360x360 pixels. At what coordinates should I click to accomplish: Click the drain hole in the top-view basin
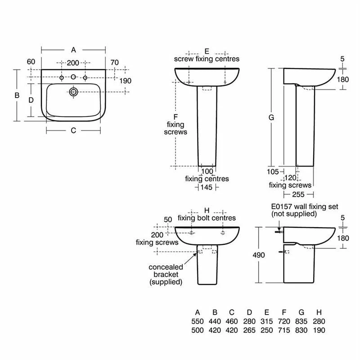(73, 92)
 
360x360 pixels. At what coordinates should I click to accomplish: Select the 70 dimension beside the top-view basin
(114, 62)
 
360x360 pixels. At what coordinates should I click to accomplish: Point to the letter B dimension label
(17, 95)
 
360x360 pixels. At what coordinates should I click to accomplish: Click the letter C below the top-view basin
(73, 130)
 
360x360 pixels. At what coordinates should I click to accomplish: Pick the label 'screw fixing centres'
(207, 59)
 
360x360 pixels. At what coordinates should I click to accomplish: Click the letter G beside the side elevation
(271, 117)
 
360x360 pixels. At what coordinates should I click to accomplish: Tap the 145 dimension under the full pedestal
(207, 187)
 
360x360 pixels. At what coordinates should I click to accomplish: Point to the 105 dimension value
(273, 171)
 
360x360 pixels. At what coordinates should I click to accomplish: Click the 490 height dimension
(259, 255)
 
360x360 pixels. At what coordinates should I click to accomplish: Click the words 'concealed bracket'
(166, 270)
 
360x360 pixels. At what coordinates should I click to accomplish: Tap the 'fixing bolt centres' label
(207, 218)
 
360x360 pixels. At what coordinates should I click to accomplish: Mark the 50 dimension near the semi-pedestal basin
(168, 219)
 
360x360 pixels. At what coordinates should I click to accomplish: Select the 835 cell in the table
(301, 321)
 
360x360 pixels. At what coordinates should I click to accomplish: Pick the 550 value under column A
(198, 321)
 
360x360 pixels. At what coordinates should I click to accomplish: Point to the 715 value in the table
(284, 330)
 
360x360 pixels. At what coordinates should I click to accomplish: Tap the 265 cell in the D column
(250, 330)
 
